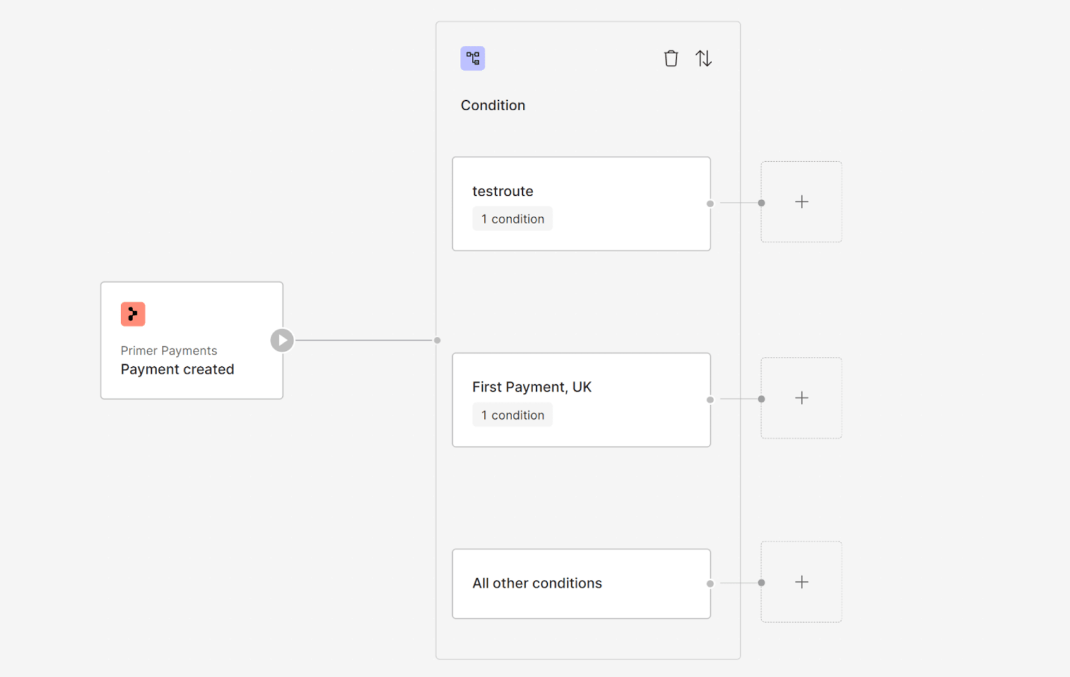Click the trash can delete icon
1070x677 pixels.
point(671,59)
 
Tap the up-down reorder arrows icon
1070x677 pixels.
point(704,59)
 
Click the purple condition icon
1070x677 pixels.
point(473,59)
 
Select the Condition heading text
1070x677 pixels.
point(493,106)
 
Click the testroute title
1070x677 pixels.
point(503,191)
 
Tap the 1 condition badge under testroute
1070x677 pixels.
point(512,219)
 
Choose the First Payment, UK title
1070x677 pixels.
point(532,387)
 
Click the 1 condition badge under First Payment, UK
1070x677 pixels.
point(512,415)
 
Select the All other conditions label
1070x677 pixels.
point(537,583)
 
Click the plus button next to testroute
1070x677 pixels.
point(801,202)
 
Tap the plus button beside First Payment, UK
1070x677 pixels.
point(801,398)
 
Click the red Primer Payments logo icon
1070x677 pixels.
point(133,314)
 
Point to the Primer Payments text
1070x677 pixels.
point(169,351)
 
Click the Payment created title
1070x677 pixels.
point(177,370)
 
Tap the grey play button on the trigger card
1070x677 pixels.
point(282,340)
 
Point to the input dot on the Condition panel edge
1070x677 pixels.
point(437,340)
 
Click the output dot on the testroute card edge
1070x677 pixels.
point(710,204)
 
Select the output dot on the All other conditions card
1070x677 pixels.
point(710,583)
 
